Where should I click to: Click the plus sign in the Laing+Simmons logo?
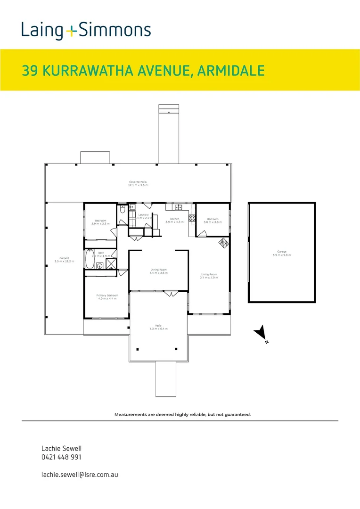coord(71,31)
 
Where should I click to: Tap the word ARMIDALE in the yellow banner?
coord(230,71)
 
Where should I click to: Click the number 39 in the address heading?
coord(30,71)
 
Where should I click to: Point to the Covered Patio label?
coord(139,183)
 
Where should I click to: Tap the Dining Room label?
coord(158,271)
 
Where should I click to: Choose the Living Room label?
coord(208,276)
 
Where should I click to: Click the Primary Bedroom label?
coord(108,297)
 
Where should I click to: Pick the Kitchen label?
coord(175,221)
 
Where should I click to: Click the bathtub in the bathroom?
coord(90,258)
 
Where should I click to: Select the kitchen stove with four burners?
coord(192,218)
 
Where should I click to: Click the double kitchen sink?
coord(179,207)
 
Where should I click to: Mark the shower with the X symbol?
coord(111,264)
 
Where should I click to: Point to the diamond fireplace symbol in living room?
coord(223,243)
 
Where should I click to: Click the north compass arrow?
coord(260,333)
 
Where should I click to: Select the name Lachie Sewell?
coord(58,449)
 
